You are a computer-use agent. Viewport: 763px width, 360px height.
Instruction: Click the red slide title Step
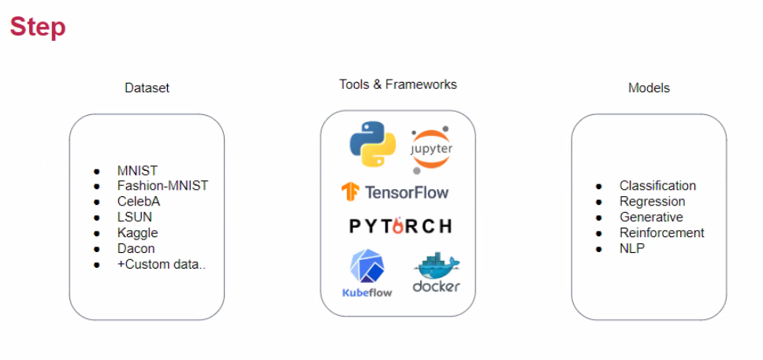point(37,28)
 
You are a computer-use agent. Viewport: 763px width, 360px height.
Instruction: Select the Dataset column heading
point(147,88)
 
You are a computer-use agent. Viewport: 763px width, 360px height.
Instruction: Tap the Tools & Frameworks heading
point(397,84)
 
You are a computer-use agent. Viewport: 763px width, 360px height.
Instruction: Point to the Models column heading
point(649,88)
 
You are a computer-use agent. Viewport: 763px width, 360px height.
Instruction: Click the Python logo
point(372,143)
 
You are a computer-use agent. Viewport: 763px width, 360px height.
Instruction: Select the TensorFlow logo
point(395,191)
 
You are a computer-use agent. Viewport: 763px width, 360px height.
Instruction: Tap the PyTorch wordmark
point(400,226)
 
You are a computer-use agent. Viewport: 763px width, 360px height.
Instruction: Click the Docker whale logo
point(436,273)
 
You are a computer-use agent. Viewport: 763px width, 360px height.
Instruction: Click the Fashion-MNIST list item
point(162,186)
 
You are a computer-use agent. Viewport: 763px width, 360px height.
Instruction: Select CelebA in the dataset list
point(139,202)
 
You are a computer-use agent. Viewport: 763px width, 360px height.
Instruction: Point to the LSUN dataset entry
point(135,217)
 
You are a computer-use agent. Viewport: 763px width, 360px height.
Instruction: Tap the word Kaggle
point(137,232)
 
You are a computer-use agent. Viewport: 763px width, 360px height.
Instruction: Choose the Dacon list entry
point(136,248)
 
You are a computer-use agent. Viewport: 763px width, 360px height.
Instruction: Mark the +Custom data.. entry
point(161,264)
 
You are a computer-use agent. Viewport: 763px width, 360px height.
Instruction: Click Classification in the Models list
point(657,186)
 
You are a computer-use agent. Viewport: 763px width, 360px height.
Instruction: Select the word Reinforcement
point(661,232)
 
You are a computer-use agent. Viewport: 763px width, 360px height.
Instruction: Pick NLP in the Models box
point(632,248)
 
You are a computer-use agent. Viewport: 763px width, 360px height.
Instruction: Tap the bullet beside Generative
point(599,217)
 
